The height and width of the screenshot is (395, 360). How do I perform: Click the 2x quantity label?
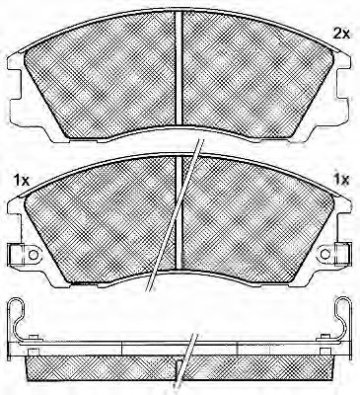341,34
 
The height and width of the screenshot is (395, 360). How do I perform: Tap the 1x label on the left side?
22,180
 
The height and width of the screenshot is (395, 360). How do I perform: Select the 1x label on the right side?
341,180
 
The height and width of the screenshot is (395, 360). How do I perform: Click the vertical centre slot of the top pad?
179,68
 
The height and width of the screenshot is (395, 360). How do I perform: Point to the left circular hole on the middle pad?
33,254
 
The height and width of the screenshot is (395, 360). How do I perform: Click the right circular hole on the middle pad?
325,254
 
